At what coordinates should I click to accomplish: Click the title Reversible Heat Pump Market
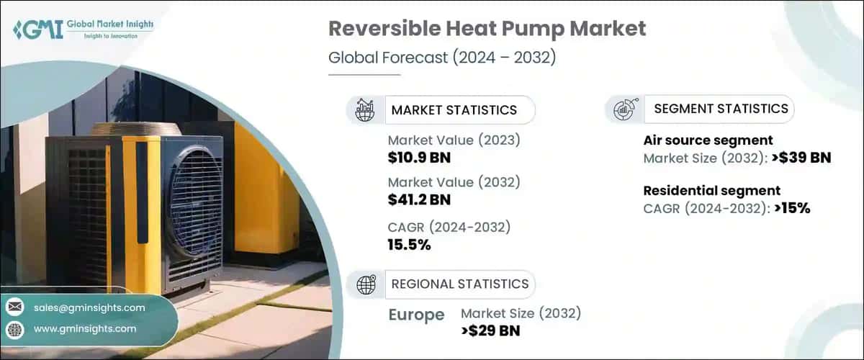(x=487, y=30)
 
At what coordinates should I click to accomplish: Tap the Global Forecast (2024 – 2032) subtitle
(x=441, y=58)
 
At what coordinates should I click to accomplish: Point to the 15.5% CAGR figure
(x=409, y=245)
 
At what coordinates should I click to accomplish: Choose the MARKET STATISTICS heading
(x=454, y=110)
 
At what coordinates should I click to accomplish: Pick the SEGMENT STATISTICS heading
(x=721, y=109)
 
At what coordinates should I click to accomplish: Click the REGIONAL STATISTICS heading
(x=459, y=284)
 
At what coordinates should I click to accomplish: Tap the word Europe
(x=415, y=315)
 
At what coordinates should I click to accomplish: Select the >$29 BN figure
(x=490, y=330)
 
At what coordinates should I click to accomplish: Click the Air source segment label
(x=708, y=140)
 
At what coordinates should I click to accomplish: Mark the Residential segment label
(x=711, y=191)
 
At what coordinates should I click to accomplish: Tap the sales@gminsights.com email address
(x=89, y=307)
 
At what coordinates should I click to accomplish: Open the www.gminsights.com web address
(x=85, y=328)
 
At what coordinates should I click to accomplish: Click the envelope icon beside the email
(x=14, y=307)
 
